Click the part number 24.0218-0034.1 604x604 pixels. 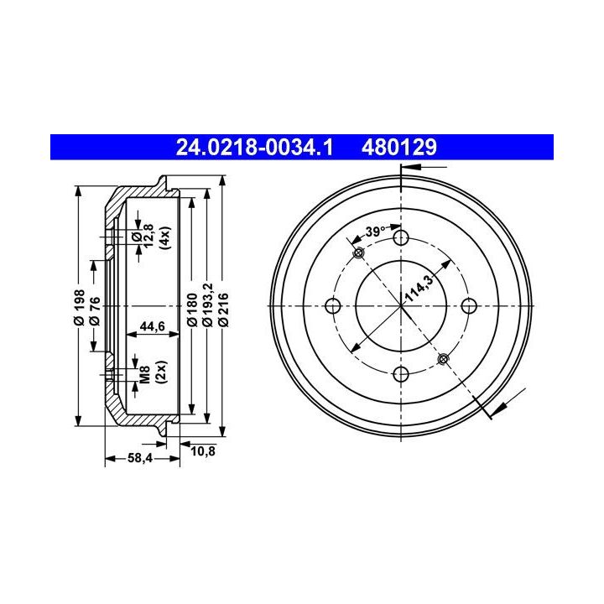click(x=254, y=148)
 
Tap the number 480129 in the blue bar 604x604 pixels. click(x=399, y=148)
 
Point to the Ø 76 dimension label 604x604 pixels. click(x=95, y=310)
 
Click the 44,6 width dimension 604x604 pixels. click(x=152, y=325)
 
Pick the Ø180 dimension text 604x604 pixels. click(x=193, y=309)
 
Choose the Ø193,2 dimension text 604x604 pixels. click(x=208, y=305)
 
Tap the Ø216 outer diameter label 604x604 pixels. click(x=223, y=310)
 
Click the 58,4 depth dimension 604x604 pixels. click(x=140, y=458)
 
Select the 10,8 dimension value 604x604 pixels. click(x=203, y=450)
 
